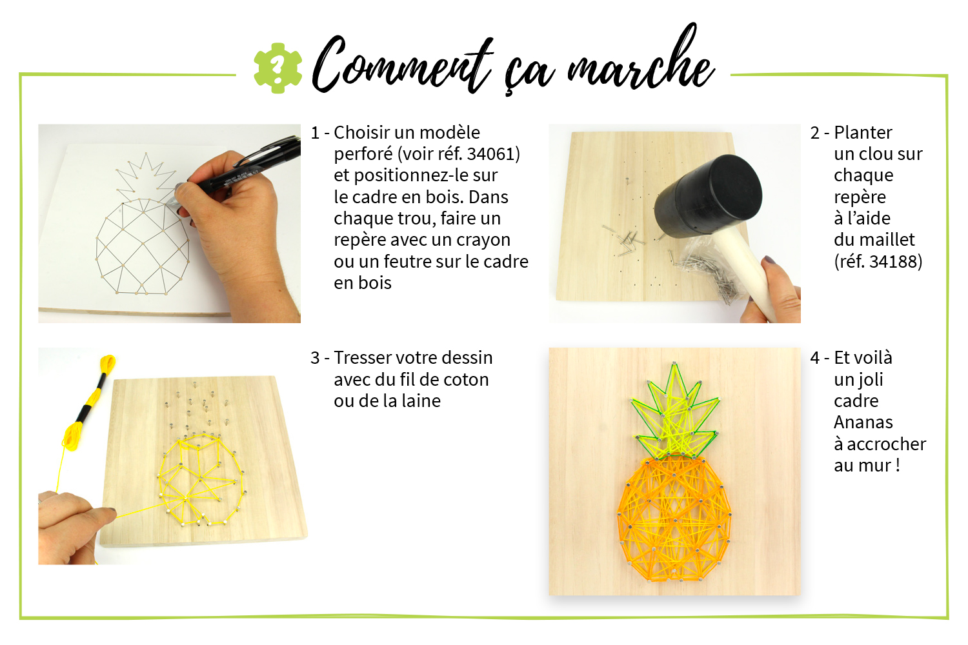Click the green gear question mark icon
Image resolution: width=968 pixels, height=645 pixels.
(277, 68)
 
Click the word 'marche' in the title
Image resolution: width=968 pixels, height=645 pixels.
(640, 61)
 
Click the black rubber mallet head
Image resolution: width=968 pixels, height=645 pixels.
(708, 197)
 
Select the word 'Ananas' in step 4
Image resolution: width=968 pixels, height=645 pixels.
(863, 422)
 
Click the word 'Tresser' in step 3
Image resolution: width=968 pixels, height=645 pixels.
(361, 358)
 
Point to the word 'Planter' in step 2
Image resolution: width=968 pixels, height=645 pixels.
(863, 133)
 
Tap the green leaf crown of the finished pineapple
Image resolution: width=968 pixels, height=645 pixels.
(674, 413)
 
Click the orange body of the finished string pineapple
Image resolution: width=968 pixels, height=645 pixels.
(674, 518)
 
